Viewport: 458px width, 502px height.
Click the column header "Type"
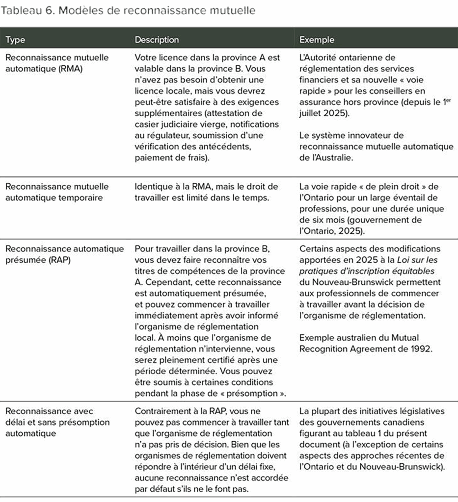point(15,40)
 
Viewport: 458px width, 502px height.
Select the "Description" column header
point(157,40)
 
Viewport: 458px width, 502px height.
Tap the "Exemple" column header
point(317,40)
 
